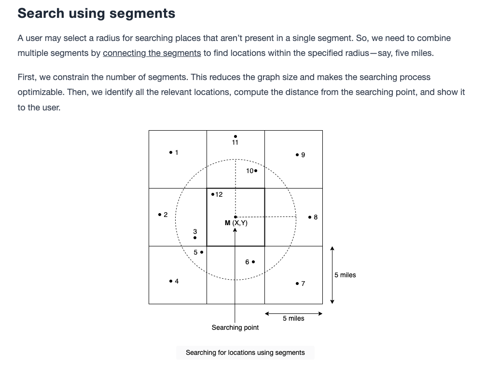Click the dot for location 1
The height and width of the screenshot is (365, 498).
tap(171, 153)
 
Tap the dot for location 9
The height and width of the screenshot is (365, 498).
tap(297, 155)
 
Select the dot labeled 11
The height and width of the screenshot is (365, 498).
tap(235, 136)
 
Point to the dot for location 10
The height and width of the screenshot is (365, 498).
tap(256, 171)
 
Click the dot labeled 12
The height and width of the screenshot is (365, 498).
tap(213, 194)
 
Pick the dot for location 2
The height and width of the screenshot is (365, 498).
tap(160, 215)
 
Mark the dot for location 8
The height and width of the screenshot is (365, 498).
tap(310, 217)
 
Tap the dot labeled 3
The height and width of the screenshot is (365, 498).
tap(195, 238)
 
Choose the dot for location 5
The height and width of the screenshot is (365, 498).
tap(202, 252)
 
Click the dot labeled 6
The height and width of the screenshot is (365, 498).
tap(253, 262)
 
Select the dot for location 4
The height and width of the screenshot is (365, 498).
tap(171, 281)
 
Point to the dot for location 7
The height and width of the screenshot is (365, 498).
tap(297, 284)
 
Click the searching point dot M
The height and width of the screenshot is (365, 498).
tap(235, 217)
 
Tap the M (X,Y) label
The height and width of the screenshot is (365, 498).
tap(236, 223)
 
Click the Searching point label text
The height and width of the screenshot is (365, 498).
tap(235, 327)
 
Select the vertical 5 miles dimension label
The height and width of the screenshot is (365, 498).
tap(345, 275)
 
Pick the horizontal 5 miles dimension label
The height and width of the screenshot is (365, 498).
tap(293, 318)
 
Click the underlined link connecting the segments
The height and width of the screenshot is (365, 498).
tap(152, 53)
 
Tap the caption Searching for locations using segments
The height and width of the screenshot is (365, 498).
tap(245, 352)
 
